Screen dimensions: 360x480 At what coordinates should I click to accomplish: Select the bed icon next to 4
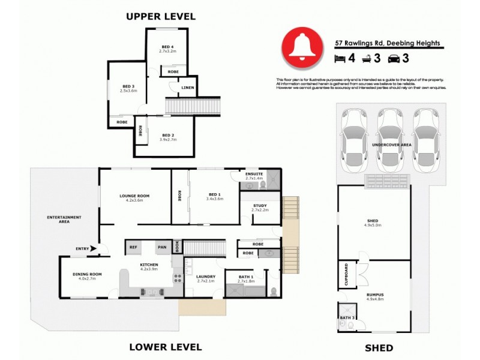point(340,59)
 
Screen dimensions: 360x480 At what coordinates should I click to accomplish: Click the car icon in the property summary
point(395,59)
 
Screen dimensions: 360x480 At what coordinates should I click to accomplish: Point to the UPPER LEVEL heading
point(160,17)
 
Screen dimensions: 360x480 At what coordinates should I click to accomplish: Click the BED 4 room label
point(169,47)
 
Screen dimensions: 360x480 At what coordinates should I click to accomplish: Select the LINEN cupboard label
point(187,88)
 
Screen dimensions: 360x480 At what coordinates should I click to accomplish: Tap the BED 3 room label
point(128,86)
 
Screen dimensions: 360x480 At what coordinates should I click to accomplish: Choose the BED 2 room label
point(168,136)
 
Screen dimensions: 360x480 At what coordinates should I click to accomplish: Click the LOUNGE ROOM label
point(134,196)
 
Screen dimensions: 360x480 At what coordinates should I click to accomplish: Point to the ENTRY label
point(82,248)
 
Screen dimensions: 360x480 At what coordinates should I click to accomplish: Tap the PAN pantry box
point(161,247)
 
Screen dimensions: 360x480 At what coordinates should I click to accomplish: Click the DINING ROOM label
point(88,274)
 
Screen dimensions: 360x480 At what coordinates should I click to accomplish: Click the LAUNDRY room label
point(205,277)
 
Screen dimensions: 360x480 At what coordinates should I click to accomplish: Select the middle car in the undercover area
point(389,139)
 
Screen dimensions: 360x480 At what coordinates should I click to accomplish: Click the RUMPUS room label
point(374,295)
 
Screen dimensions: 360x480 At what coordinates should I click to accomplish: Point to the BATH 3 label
point(346,317)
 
